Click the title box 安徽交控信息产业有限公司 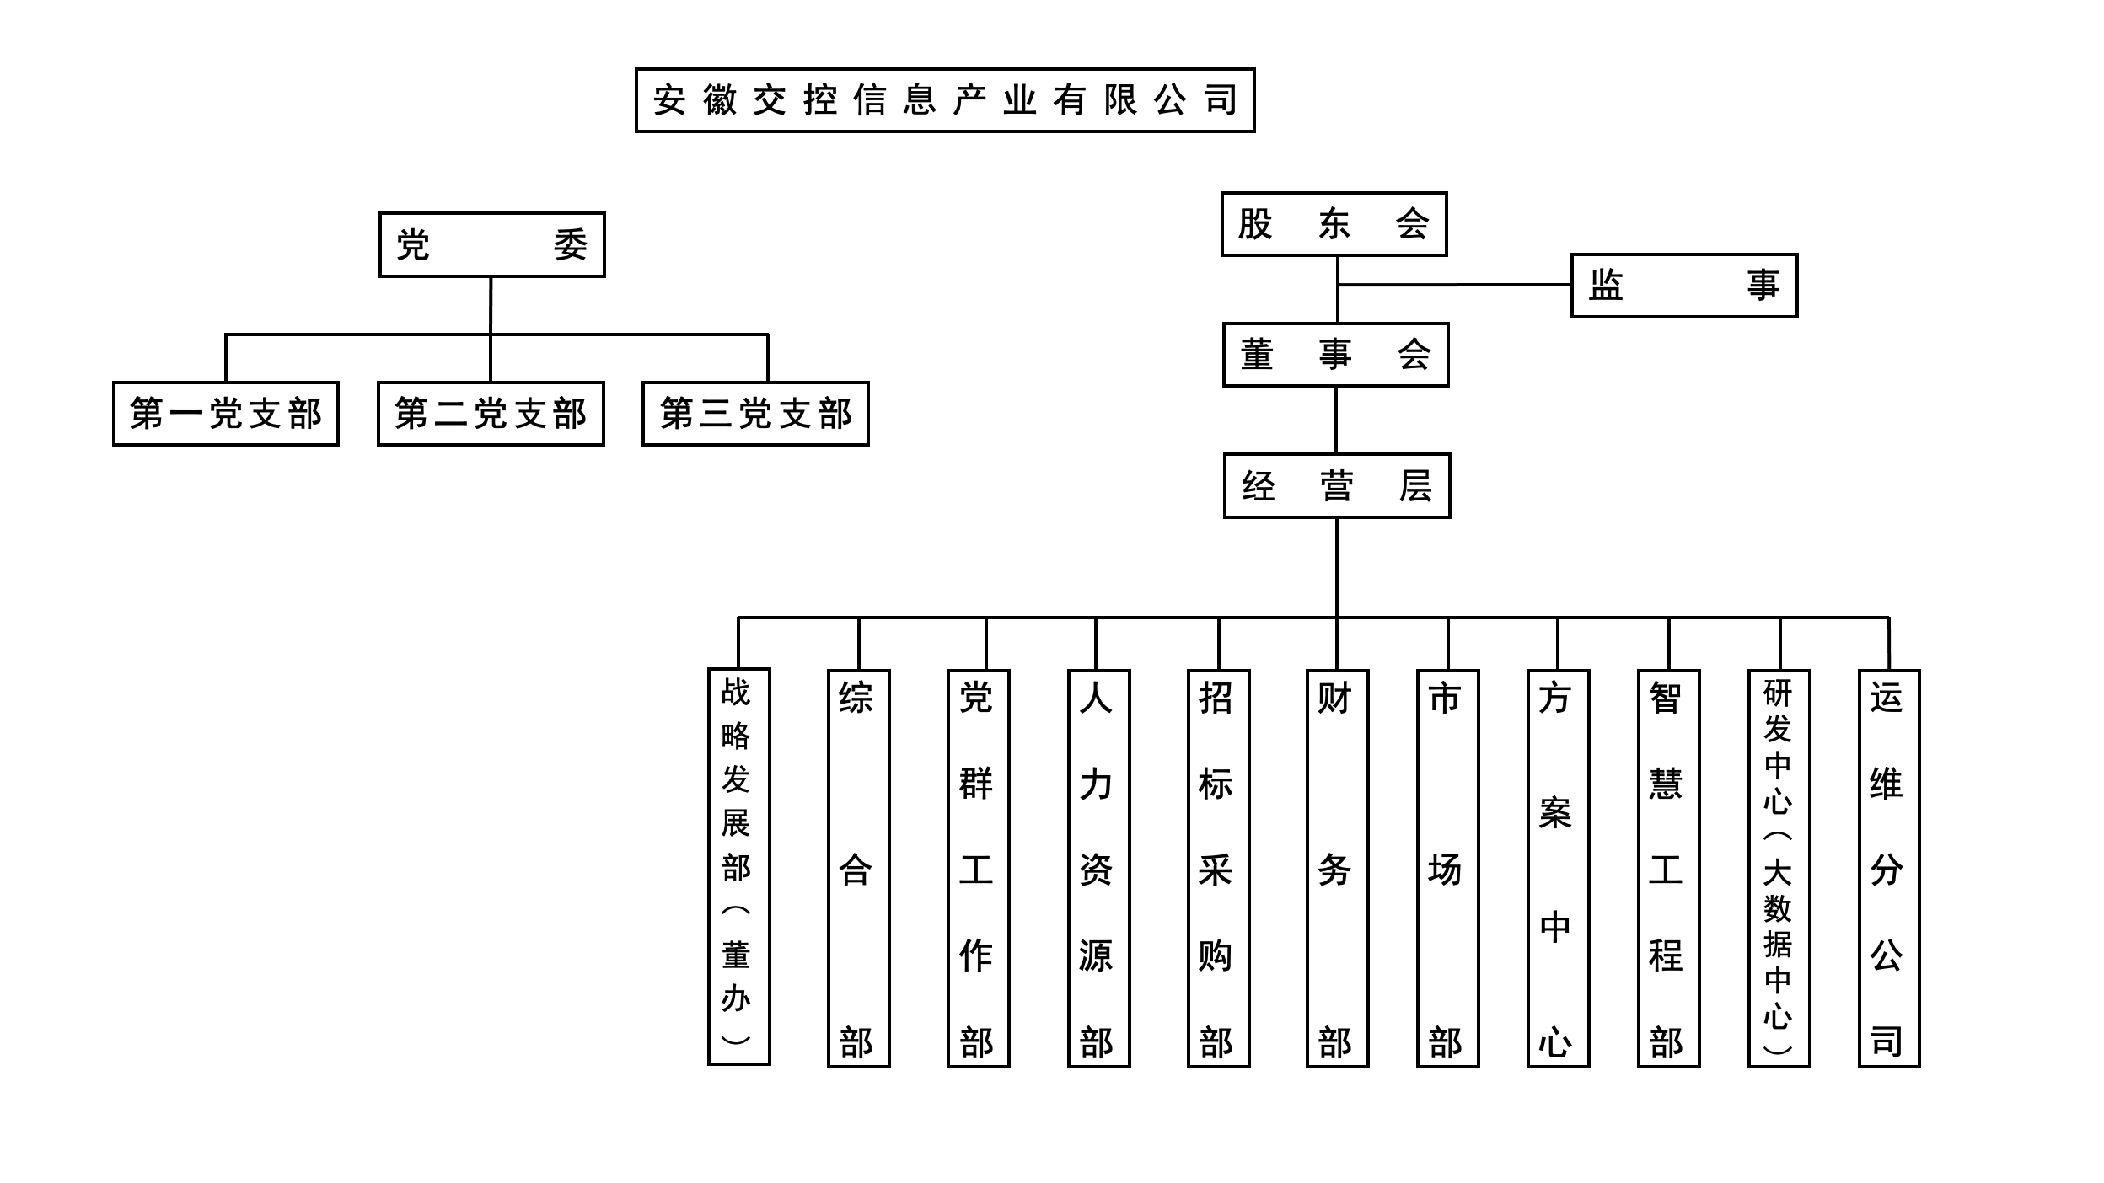coord(944,100)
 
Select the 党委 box coord(491,244)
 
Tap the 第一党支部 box coord(225,414)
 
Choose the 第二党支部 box coord(491,414)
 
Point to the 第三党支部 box coord(755,414)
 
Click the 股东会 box coord(1334,224)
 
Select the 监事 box coord(1683,285)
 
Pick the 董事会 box coord(1335,355)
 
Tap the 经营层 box coord(1336,486)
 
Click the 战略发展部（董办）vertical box coord(738,867)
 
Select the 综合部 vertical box coord(858,869)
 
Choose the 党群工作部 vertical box coord(978,869)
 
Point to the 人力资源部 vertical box coord(1098,869)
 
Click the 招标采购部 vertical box coord(1218,869)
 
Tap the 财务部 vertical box coord(1337,869)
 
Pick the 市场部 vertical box coord(1447,869)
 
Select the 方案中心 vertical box coord(1558,869)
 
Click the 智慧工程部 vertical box coord(1668,869)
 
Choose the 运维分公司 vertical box coord(1889,869)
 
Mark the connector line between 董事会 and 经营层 coord(1336,420)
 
